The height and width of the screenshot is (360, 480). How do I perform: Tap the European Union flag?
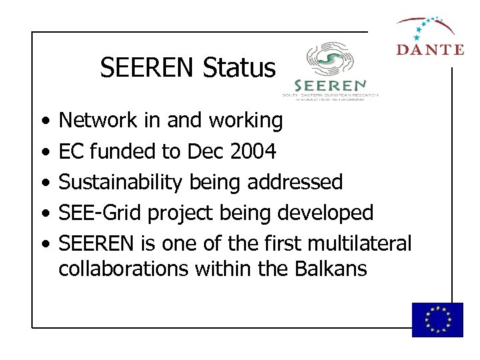(437, 319)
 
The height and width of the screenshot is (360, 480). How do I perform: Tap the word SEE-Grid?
(100, 213)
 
